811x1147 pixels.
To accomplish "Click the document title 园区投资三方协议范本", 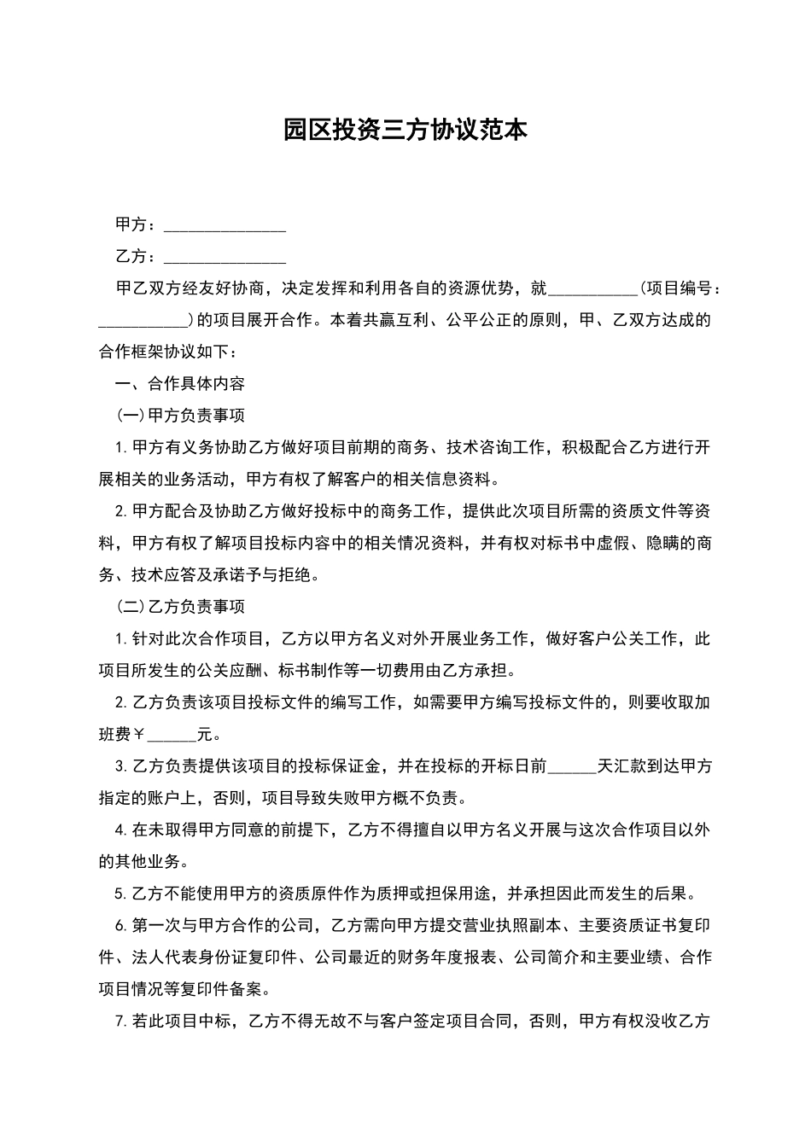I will point(405,130).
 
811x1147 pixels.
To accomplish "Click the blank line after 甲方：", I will point(225,226).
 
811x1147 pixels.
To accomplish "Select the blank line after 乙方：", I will point(225,258).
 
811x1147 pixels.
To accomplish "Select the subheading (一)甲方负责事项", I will point(180,416).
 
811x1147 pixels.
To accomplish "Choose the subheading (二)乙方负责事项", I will point(180,607).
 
